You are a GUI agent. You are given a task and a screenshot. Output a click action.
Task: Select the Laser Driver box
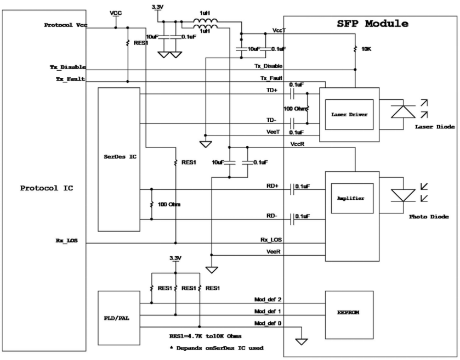[x=349, y=114]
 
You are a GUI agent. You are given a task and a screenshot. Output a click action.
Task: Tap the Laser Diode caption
[x=435, y=127]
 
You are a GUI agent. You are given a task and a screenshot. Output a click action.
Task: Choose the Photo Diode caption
[x=429, y=217]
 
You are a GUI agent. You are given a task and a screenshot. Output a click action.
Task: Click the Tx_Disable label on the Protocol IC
[x=64, y=67]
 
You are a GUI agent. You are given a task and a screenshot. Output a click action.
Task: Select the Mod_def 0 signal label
[x=268, y=323]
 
